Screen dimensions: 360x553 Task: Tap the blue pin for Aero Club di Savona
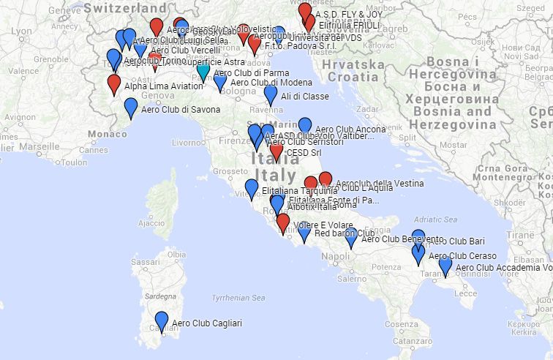pos(131,108)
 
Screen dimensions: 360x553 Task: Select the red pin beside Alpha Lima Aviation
pos(114,84)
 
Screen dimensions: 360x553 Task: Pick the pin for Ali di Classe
pos(271,95)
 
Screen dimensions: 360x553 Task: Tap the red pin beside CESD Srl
pos(276,152)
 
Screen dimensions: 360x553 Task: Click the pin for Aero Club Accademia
pos(445,266)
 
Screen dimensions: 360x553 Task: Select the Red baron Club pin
pos(304,233)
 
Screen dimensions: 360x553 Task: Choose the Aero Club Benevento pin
pos(351,237)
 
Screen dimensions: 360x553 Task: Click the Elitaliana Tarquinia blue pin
pos(252,189)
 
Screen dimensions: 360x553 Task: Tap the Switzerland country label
pos(120,7)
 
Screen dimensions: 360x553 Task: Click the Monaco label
pos(106,134)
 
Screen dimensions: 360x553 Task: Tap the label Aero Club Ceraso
pos(462,256)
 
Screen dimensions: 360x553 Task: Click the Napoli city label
pos(336,257)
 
